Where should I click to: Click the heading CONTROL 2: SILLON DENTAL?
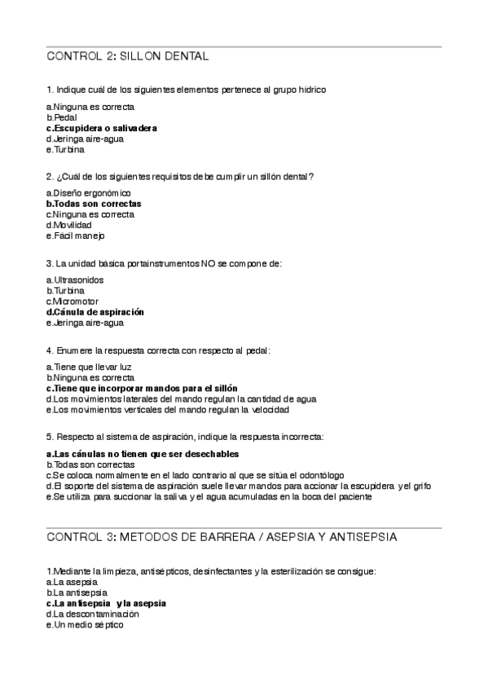coord(128,56)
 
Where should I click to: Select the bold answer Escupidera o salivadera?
coord(102,128)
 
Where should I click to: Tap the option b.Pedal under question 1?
coord(62,117)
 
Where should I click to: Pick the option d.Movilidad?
coord(69,224)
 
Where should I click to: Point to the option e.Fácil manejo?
coord(76,235)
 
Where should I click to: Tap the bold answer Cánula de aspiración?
coord(95,311)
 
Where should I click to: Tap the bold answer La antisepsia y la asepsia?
coord(107,603)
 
